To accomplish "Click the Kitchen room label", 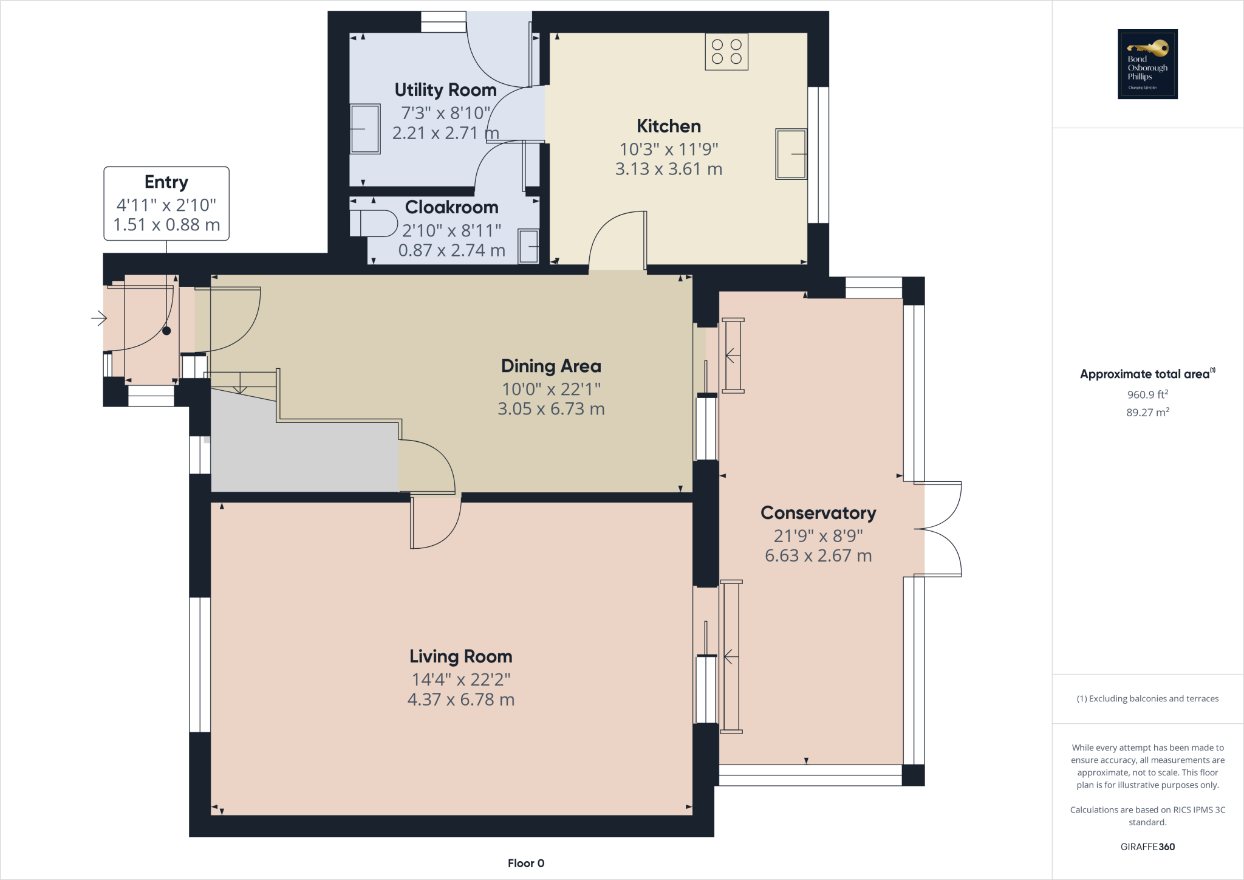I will [668, 126].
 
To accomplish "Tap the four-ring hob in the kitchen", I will [726, 52].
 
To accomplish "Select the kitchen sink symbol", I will [791, 154].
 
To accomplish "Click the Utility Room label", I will [445, 90].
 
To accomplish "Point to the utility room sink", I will [365, 129].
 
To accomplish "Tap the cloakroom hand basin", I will [528, 246].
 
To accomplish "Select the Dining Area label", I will [551, 366].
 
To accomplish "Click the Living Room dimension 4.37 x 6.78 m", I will [460, 700].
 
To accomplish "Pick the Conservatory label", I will [818, 513].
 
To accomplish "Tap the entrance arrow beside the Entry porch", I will [99, 318].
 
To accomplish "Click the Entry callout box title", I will [166, 182].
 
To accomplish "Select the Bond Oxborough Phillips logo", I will [1147, 64].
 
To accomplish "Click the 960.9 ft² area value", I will [1147, 394].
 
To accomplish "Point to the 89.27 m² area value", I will [1147, 412].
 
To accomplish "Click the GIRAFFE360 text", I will [1147, 847].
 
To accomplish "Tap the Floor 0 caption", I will [525, 863].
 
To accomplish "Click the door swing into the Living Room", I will [434, 524].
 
